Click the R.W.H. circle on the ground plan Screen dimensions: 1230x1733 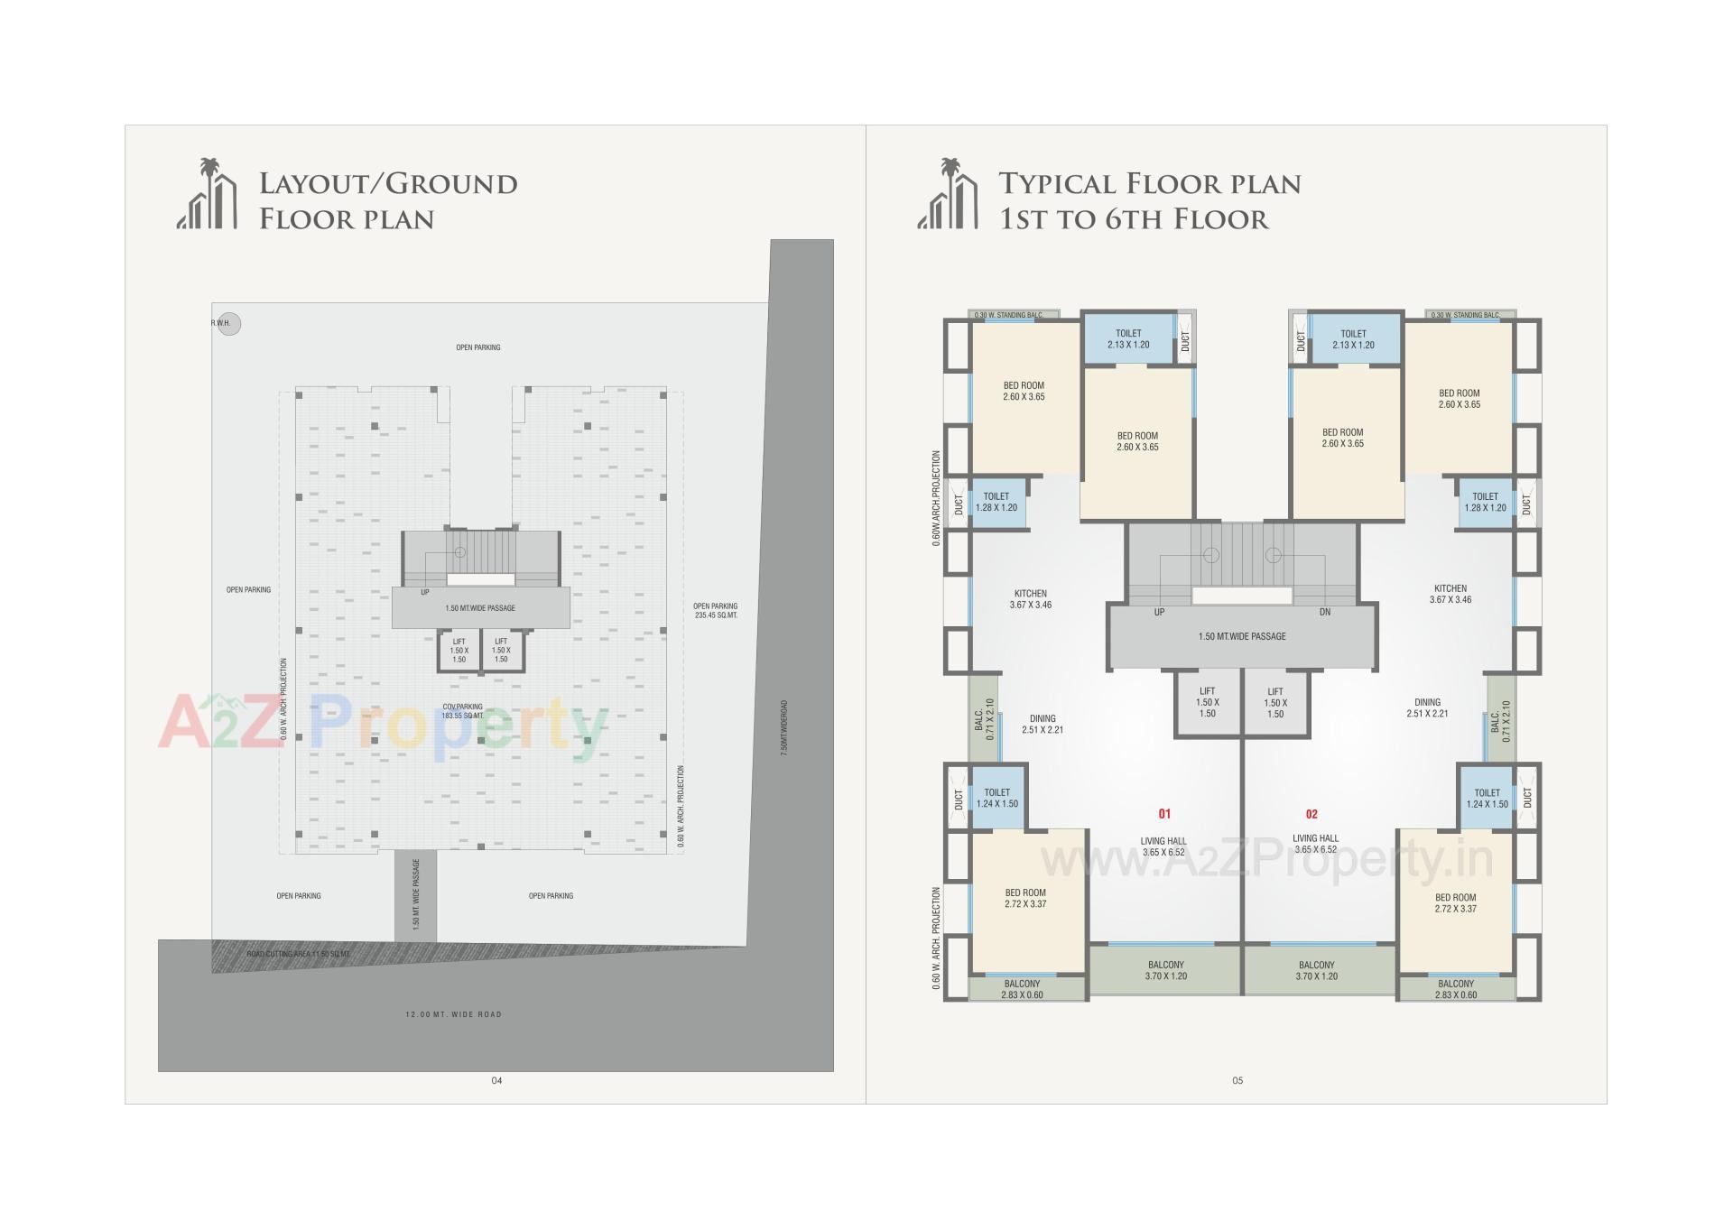click(229, 324)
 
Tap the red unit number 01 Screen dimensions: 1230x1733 click(1164, 814)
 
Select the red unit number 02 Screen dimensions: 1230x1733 click(1311, 814)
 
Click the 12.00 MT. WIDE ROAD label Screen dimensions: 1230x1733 click(453, 1014)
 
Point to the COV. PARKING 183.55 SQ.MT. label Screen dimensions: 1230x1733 click(462, 711)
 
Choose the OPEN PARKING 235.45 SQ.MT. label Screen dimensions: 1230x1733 click(715, 611)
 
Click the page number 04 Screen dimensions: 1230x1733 click(496, 1081)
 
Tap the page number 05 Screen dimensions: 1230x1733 click(1237, 1081)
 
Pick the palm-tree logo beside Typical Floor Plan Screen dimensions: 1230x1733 click(948, 194)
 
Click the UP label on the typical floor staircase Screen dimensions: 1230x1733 click(1159, 613)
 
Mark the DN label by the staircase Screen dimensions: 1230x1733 click(1325, 613)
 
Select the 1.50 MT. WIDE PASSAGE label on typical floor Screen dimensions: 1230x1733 click(1242, 637)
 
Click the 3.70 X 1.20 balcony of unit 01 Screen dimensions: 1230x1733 click(1165, 971)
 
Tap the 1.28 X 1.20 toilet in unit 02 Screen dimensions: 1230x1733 click(1485, 503)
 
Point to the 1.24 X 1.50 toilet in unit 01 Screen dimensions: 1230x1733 click(996, 799)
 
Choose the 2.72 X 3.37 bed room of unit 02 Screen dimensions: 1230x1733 click(1455, 903)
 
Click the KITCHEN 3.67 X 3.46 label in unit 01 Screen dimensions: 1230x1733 click(1030, 599)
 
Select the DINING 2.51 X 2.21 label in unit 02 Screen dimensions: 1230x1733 click(1427, 707)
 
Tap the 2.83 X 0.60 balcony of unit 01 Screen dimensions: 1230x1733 click(1022, 990)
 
